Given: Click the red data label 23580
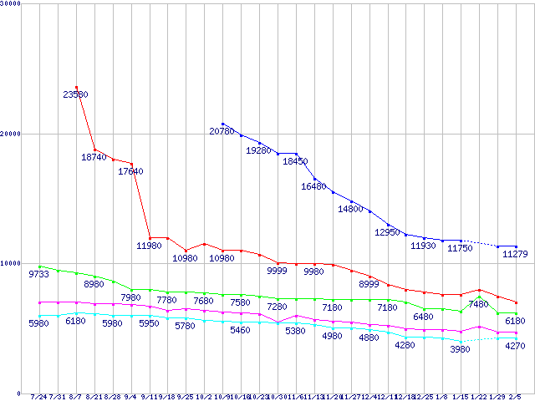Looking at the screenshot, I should pyautogui.click(x=76, y=94).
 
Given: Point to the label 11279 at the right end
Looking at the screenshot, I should pyautogui.click(x=515, y=254).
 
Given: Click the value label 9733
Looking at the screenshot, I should pyautogui.click(x=39, y=274).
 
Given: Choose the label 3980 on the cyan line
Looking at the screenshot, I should pyautogui.click(x=461, y=348).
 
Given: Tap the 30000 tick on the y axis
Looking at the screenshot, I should pyautogui.click(x=11, y=3).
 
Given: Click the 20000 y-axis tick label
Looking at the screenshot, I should pyautogui.click(x=11, y=134).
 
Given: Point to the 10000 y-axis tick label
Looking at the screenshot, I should pyautogui.click(x=11, y=263).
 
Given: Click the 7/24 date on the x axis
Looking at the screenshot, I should pyautogui.click(x=38, y=397).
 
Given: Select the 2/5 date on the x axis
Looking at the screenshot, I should pyautogui.click(x=515, y=397).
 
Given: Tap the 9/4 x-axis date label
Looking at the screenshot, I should pyautogui.click(x=130, y=397).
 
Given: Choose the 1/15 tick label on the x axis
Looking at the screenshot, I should pyautogui.click(x=461, y=397).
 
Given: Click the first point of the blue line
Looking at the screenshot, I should pyautogui.click(x=222, y=124).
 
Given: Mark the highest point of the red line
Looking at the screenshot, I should pyautogui.click(x=76, y=87).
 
